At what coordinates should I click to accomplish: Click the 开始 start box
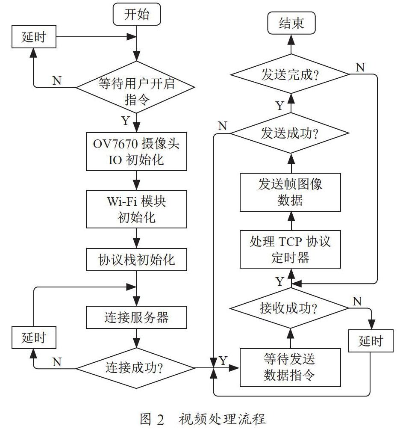(137, 14)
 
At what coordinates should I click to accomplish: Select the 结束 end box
(291, 23)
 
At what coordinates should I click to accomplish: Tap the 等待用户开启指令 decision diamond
(135, 87)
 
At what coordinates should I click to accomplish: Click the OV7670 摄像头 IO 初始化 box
(136, 151)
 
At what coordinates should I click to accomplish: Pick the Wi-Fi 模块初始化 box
(136, 209)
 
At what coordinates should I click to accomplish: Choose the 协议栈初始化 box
(136, 260)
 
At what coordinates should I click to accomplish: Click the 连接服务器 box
(136, 317)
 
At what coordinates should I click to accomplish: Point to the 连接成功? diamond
(135, 368)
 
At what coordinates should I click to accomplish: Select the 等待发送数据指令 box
(290, 367)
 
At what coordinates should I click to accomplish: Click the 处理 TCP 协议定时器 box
(290, 249)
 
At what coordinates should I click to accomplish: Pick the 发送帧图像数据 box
(290, 192)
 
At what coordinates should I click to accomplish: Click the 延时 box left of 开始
(34, 37)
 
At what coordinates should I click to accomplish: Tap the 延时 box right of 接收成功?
(371, 341)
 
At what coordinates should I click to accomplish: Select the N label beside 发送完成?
(360, 67)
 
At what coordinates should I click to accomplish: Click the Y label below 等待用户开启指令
(126, 120)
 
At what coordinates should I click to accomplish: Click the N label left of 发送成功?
(223, 126)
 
